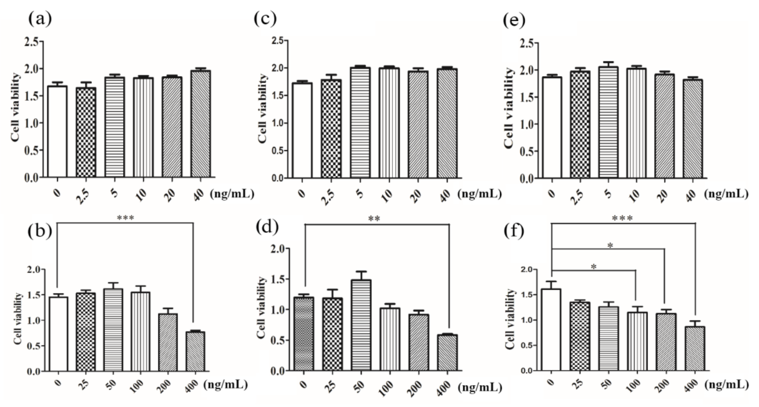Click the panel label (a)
pyautogui.click(x=40, y=19)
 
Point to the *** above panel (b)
pyautogui.click(x=126, y=218)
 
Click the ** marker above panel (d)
pyautogui.click(x=374, y=219)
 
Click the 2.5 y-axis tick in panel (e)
pyautogui.click(x=527, y=43)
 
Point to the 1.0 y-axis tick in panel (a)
pyautogui.click(x=31, y=123)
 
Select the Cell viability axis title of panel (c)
pyautogui.click(x=262, y=108)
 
